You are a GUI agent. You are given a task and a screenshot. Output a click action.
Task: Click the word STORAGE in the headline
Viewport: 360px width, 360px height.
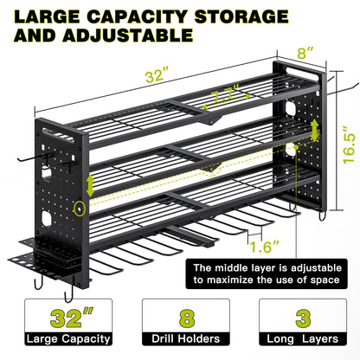coord(241,16)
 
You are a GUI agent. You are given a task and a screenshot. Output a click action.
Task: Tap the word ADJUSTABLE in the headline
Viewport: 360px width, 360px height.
coord(128,35)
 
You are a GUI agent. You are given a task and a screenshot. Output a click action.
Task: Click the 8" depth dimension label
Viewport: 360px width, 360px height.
coord(305,53)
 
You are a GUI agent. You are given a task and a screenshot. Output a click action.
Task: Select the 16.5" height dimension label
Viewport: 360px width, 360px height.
coord(350,145)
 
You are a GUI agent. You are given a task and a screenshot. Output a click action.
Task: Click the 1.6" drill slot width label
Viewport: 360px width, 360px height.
coord(265,247)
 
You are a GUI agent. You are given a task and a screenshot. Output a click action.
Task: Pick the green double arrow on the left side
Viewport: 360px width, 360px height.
coord(90,185)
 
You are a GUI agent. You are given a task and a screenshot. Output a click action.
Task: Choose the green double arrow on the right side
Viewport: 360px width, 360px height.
coord(315,130)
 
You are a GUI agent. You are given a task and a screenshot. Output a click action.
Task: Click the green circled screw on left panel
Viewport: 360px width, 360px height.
coord(79,209)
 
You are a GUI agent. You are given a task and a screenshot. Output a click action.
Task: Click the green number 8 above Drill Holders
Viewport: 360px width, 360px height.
coord(187,318)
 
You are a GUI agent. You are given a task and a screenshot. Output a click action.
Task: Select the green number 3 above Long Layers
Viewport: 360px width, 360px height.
coord(303,318)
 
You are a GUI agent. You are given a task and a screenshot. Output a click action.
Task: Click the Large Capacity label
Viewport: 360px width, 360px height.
coord(68,339)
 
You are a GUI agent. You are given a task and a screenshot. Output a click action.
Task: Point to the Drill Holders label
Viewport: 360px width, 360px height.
coord(186,338)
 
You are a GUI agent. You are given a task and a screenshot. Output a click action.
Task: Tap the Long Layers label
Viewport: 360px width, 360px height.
coord(302,339)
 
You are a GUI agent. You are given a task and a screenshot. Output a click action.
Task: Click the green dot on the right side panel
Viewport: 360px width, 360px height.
coord(296,147)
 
